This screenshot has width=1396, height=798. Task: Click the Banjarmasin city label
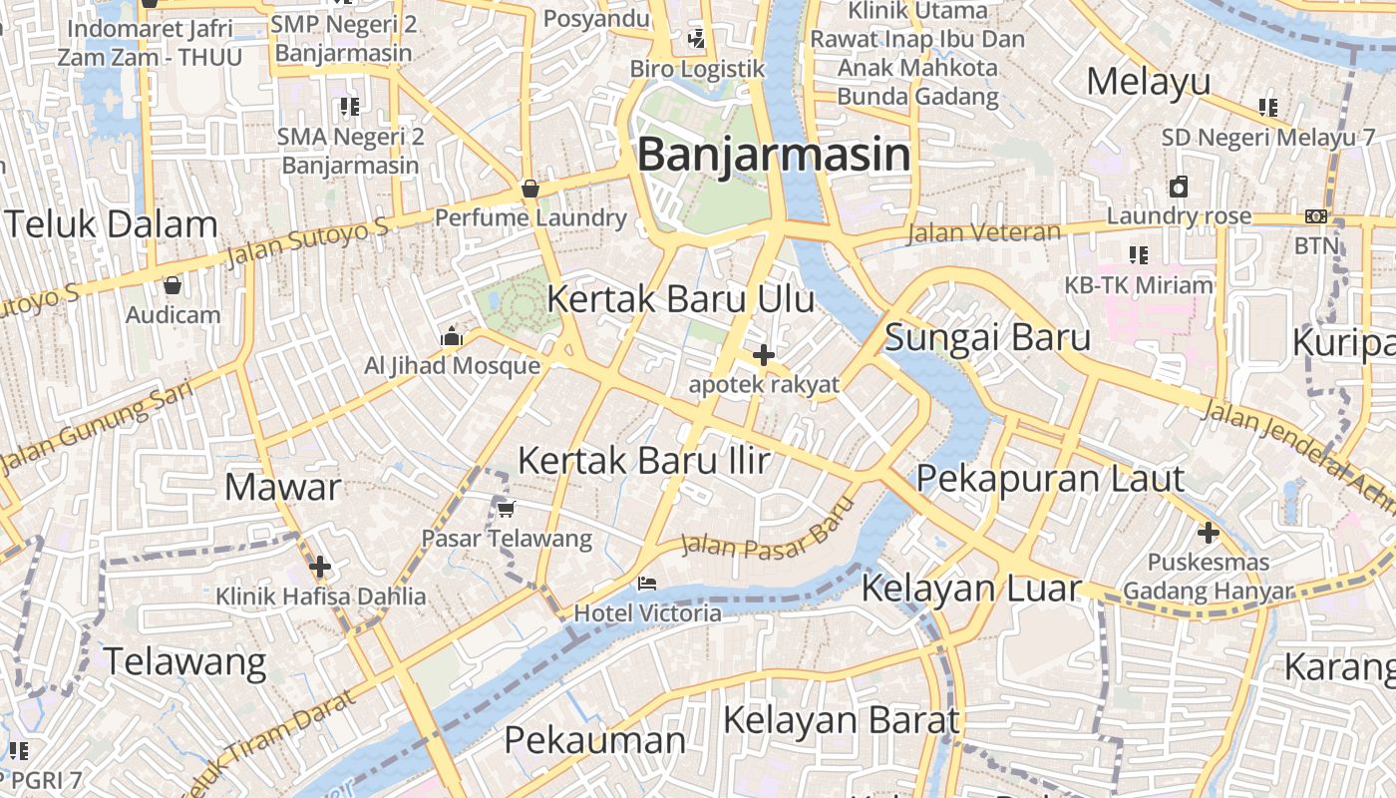tap(774, 155)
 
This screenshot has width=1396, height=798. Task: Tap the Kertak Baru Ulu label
tap(680, 298)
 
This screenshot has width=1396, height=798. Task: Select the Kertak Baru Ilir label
tap(644, 460)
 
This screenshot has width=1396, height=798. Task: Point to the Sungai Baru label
tap(987, 338)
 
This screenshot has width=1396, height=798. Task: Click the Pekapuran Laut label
tap(1049, 479)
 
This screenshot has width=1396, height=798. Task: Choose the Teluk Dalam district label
tap(111, 224)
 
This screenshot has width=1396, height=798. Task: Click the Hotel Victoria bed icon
tap(648, 583)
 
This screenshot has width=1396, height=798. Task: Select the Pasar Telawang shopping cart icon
tap(507, 509)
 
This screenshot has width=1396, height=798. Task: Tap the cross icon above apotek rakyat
tap(764, 354)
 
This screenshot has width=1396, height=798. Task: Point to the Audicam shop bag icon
tap(173, 285)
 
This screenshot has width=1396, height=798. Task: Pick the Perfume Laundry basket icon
tap(530, 188)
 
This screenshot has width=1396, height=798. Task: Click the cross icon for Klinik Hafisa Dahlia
tap(320, 568)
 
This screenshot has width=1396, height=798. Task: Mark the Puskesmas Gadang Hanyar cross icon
tap(1209, 533)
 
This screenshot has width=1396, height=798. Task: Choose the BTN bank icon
tap(1316, 216)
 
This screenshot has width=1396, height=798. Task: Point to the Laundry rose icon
tap(1179, 187)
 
